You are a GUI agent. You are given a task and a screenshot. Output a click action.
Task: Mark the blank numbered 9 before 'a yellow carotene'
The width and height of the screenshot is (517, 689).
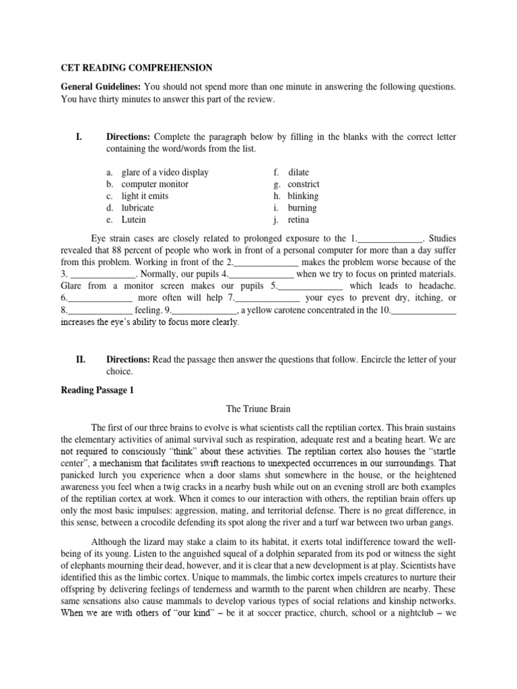point(205,310)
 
